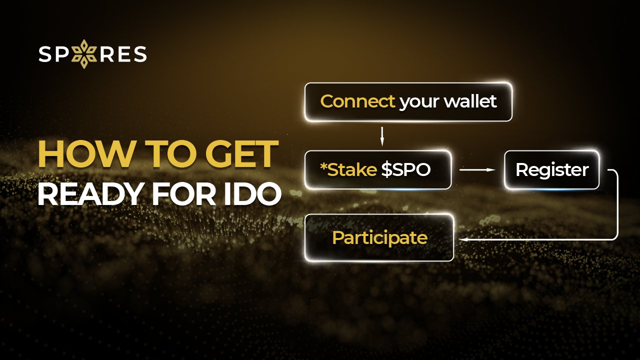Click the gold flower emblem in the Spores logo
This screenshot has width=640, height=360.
pos(84,54)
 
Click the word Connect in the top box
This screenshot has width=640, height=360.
pos(357,101)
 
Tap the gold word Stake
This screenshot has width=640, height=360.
pos(352,170)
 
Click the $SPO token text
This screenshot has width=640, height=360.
pos(405,170)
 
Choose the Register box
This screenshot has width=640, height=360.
pos(551,170)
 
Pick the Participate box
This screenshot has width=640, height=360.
pos(379,237)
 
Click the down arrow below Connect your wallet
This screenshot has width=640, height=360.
pos(382,135)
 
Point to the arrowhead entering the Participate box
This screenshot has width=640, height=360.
pos(462,239)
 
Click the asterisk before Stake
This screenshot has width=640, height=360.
pos(322,166)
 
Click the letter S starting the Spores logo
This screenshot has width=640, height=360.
pos(45,54)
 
